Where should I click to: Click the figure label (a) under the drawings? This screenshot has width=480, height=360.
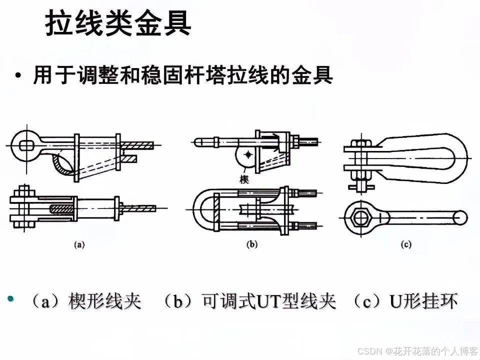click(x=79, y=244)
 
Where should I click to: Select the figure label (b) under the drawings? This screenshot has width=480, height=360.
click(x=252, y=244)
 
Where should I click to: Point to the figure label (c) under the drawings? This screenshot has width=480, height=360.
click(x=405, y=244)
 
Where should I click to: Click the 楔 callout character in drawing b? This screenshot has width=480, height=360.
click(x=244, y=179)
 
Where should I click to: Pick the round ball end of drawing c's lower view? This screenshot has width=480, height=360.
click(x=461, y=217)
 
